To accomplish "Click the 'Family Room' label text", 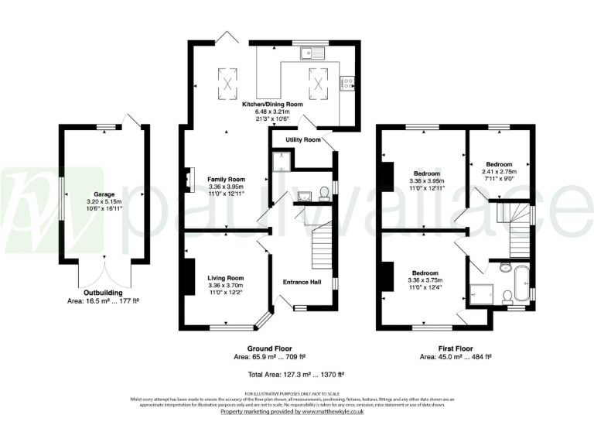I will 226,179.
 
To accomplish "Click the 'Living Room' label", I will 226,278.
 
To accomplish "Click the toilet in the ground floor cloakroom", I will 325,190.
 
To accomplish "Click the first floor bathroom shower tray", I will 480,293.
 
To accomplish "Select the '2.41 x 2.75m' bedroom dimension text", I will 499,172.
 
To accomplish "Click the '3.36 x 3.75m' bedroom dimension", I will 426,281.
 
